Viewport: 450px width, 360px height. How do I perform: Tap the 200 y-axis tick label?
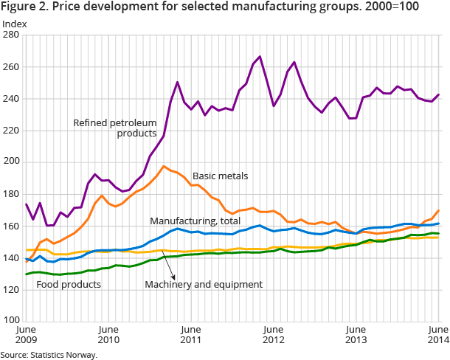pos(12,162)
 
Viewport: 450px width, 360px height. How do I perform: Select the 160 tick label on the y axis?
pos(12,226)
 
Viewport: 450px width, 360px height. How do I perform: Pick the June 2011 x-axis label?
pos(191,335)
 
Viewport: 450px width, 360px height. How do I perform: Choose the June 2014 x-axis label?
pos(438,335)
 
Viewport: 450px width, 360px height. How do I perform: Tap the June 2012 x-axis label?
pos(274,335)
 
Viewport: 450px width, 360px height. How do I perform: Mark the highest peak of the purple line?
pos(260,56)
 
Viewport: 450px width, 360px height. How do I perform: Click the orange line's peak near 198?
pos(164,166)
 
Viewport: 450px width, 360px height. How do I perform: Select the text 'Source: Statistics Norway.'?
pos(49,354)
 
